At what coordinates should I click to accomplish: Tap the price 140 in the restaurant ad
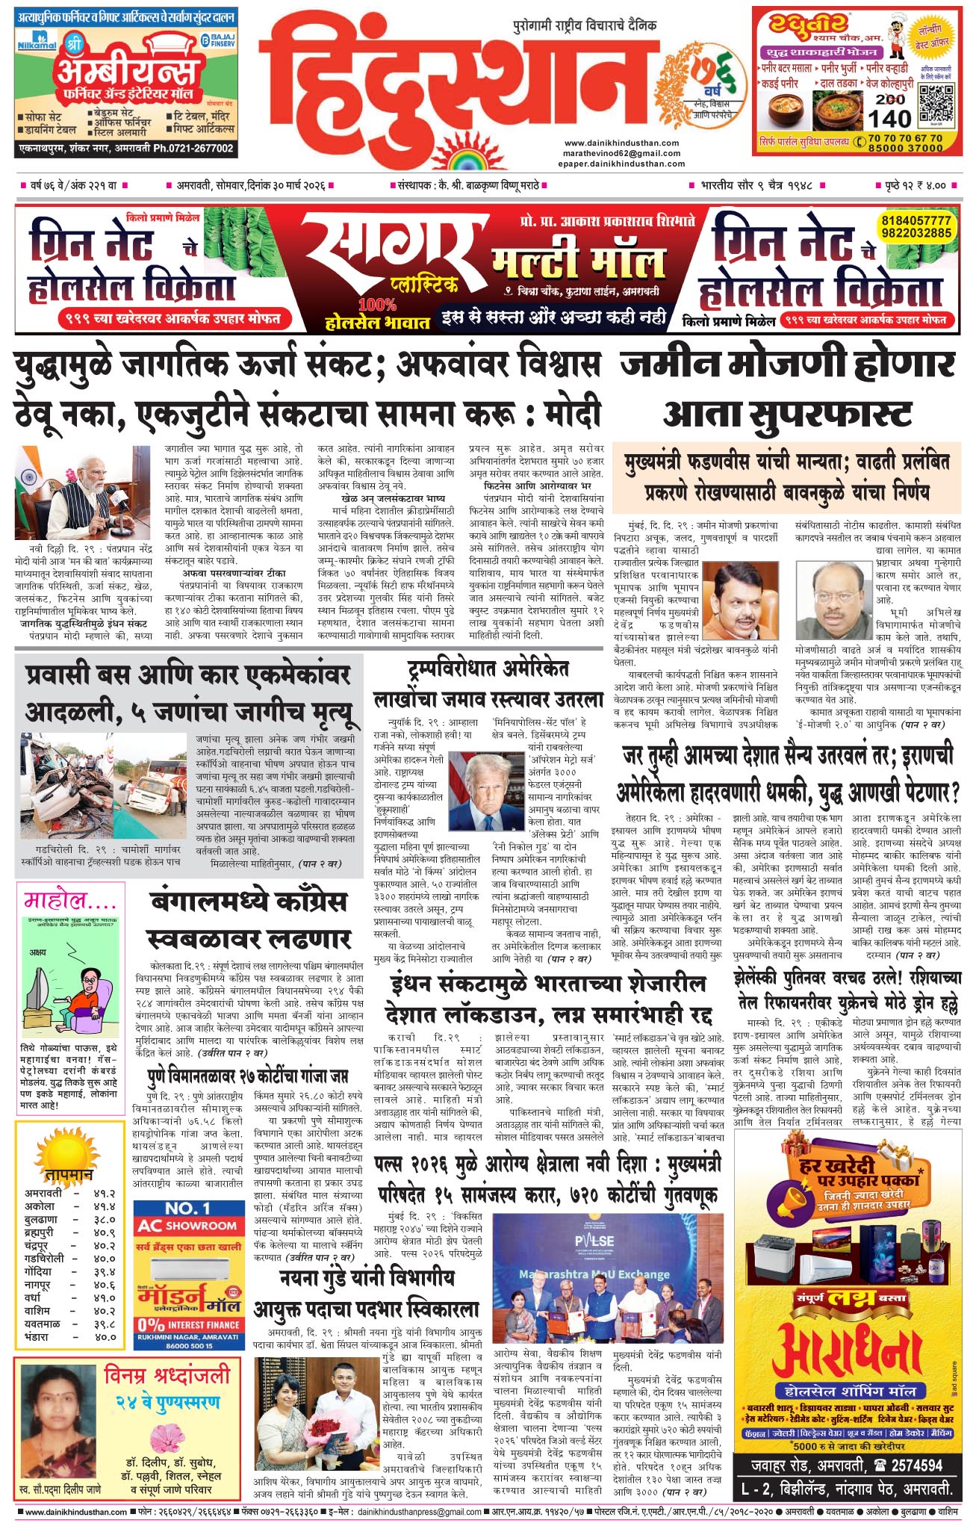click(x=890, y=118)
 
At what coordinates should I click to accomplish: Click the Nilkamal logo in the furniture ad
click(x=34, y=46)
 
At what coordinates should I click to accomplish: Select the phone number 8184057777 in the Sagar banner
click(x=916, y=221)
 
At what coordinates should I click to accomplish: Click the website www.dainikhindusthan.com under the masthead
click(x=621, y=143)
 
